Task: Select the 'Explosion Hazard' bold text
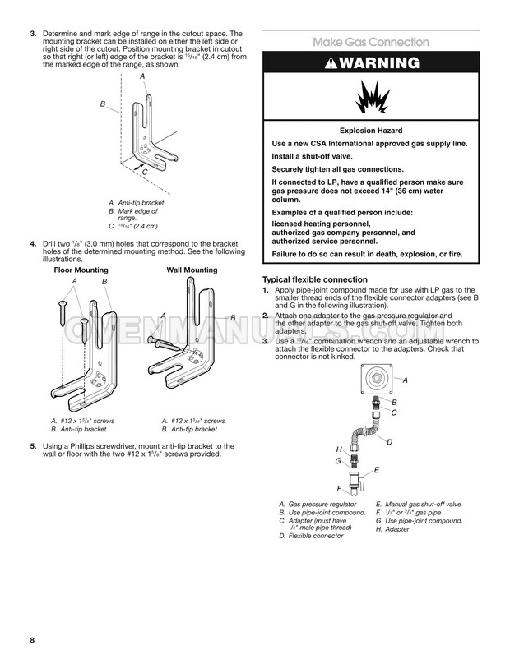tap(371, 131)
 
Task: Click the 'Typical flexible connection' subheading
tap(314, 279)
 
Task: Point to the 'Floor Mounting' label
tap(81, 270)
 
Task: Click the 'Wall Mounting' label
tap(192, 270)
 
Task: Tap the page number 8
tap(30, 640)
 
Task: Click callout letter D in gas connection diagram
tap(389, 442)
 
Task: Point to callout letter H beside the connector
tap(339, 449)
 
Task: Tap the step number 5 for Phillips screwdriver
tap(33, 446)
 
